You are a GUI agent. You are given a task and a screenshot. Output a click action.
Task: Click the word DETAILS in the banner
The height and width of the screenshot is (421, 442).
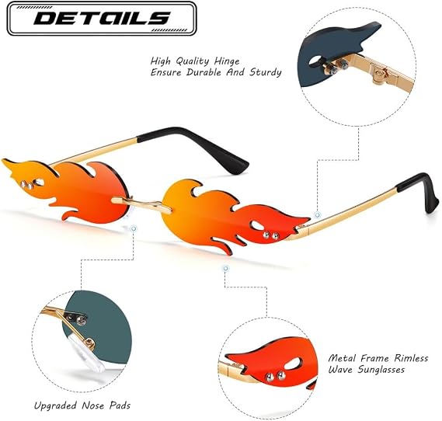click(102, 19)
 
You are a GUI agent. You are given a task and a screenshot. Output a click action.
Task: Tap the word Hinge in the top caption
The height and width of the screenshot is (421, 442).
click(227, 61)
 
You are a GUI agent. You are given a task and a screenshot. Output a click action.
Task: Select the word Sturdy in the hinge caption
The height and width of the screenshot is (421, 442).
click(266, 72)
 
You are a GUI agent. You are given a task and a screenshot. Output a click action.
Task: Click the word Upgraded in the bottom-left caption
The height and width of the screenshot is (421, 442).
click(55, 405)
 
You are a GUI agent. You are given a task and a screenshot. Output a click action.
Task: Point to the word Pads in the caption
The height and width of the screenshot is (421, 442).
click(120, 405)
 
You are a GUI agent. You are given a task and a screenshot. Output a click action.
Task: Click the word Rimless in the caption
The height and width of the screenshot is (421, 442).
click(411, 358)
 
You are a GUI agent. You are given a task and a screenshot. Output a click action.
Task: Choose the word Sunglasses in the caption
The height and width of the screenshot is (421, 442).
click(381, 370)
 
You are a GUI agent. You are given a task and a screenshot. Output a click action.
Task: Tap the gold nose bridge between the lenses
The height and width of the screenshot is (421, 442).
click(142, 204)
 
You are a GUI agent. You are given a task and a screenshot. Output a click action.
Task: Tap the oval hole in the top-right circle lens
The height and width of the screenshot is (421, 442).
click(315, 59)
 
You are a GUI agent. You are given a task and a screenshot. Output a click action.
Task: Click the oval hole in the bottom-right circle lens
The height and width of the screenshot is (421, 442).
click(293, 364)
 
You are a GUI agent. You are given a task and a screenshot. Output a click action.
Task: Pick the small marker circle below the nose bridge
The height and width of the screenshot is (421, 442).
click(134, 228)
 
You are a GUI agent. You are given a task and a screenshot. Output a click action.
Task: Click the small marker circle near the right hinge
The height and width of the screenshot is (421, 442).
click(318, 215)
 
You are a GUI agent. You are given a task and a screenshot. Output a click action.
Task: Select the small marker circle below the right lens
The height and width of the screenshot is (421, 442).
click(225, 268)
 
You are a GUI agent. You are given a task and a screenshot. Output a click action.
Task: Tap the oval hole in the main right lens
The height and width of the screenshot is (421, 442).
click(256, 225)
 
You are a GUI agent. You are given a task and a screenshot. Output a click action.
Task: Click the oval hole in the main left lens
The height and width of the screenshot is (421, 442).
click(39, 183)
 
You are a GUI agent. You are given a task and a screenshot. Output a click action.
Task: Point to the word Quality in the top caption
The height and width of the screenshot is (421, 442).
click(193, 61)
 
